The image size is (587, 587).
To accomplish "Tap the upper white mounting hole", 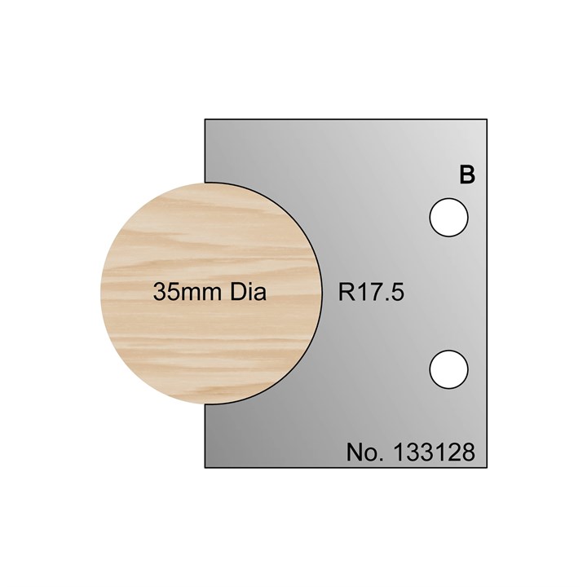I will [449, 218].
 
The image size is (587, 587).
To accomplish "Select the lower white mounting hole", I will [449, 368].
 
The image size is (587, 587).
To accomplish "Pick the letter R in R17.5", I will [346, 293].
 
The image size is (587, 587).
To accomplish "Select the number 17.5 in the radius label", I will [382, 293].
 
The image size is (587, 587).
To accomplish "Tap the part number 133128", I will [433, 452].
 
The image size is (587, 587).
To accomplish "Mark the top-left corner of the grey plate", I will [205, 120].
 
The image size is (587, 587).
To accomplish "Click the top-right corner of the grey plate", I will [488, 120].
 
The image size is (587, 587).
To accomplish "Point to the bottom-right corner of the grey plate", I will [488, 467].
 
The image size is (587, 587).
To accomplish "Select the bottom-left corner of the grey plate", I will [205, 467].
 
